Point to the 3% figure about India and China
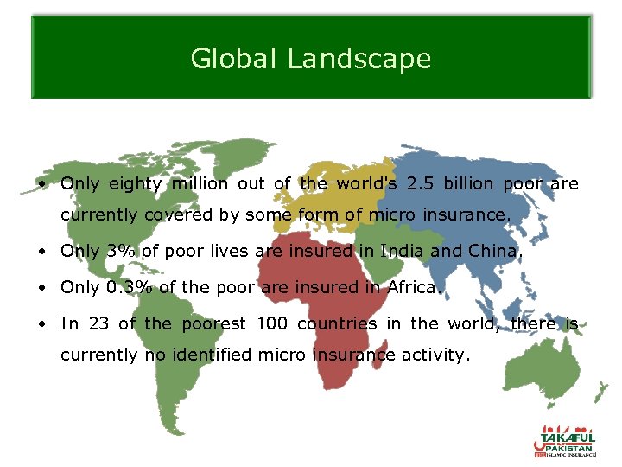pos(119,252)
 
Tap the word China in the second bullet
pos(497,252)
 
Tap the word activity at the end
pos(435,355)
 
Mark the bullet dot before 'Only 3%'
pos(41,253)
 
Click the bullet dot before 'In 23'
pos(41,324)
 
